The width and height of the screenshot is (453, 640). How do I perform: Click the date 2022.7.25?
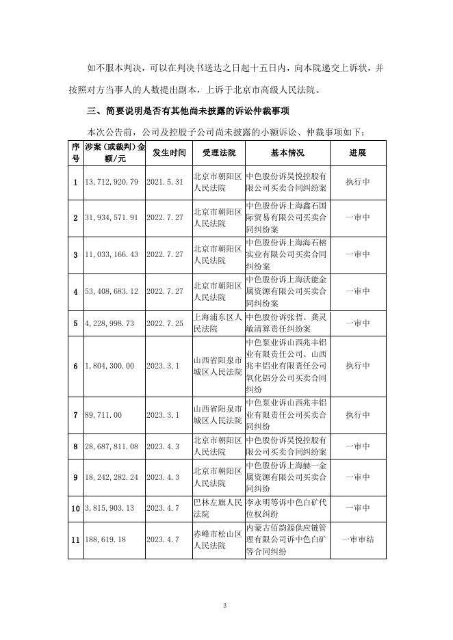pos(166,323)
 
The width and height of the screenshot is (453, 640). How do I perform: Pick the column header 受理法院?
pos(214,152)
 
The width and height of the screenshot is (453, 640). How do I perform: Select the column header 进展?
pos(358,152)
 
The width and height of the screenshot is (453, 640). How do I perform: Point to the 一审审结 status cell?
pos(358,539)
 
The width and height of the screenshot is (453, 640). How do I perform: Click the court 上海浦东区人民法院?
pos(217,323)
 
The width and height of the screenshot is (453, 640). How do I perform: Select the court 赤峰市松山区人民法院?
pos(217,539)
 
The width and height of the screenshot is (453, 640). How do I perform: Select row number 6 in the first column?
pos(75,366)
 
